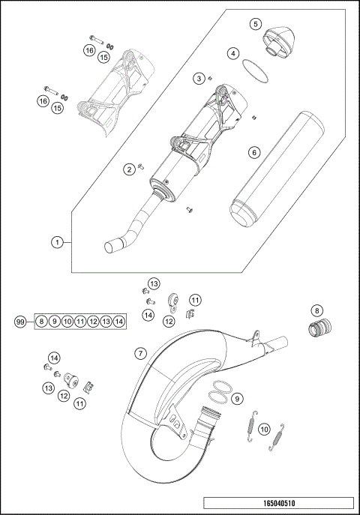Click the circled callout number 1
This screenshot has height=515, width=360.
point(56,242)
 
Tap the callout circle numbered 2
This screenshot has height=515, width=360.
point(129,170)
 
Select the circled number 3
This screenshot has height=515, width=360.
point(199,79)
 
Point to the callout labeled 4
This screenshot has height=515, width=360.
point(234,54)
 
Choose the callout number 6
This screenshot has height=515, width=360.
point(253,152)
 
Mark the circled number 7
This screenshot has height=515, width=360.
point(140,352)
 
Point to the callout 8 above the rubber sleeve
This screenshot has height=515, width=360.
point(316,310)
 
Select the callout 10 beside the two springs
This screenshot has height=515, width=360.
point(263,430)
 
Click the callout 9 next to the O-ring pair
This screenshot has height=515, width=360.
point(237,398)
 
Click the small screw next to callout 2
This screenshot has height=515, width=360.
point(141,167)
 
